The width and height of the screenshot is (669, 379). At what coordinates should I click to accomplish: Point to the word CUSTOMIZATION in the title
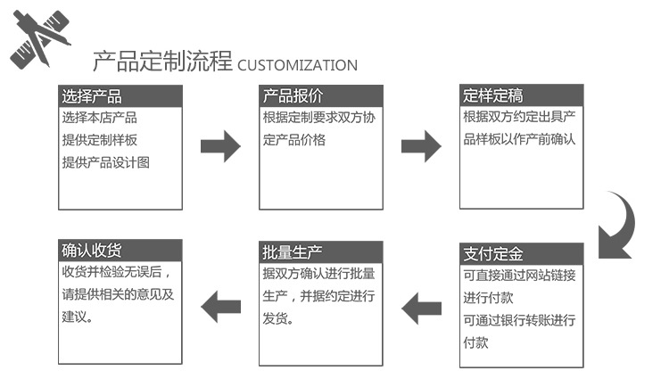(x=297, y=65)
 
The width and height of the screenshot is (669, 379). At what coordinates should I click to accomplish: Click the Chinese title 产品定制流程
(x=162, y=62)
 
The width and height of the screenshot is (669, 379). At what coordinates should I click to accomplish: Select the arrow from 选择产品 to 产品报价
(x=220, y=145)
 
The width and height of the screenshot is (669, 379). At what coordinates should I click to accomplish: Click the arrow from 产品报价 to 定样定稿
(x=421, y=145)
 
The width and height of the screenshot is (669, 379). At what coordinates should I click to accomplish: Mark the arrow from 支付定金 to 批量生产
(x=421, y=309)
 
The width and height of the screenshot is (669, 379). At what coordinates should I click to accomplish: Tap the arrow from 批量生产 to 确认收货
(x=220, y=309)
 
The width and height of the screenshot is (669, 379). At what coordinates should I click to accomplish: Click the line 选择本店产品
(x=99, y=118)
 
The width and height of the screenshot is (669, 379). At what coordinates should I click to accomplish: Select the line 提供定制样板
(x=99, y=140)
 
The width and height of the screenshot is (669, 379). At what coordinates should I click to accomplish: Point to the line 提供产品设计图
(x=105, y=162)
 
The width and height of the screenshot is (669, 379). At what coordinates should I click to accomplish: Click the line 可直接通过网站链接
(x=519, y=275)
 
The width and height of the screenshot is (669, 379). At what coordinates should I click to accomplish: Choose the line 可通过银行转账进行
(x=519, y=320)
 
